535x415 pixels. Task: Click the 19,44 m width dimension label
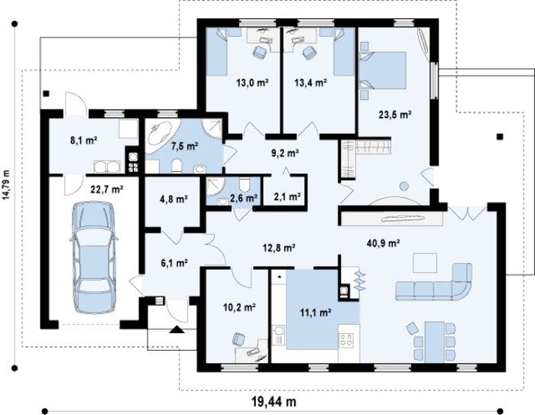(x=274, y=401)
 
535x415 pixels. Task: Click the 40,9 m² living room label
(x=383, y=243)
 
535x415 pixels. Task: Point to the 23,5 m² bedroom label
(x=394, y=115)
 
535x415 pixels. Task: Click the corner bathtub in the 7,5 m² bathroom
(x=160, y=137)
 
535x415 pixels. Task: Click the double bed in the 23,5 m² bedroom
(x=383, y=70)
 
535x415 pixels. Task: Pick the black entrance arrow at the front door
(x=177, y=329)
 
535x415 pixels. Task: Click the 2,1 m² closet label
(x=287, y=197)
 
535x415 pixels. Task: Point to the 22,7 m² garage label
(x=107, y=189)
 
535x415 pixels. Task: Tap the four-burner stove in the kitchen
(x=346, y=340)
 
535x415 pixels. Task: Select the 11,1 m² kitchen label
(x=316, y=312)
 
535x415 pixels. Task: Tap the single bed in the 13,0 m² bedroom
(x=217, y=52)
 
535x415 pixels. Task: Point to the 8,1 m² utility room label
(x=84, y=140)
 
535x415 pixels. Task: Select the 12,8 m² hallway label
(x=279, y=247)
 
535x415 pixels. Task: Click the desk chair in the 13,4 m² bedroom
(x=309, y=52)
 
